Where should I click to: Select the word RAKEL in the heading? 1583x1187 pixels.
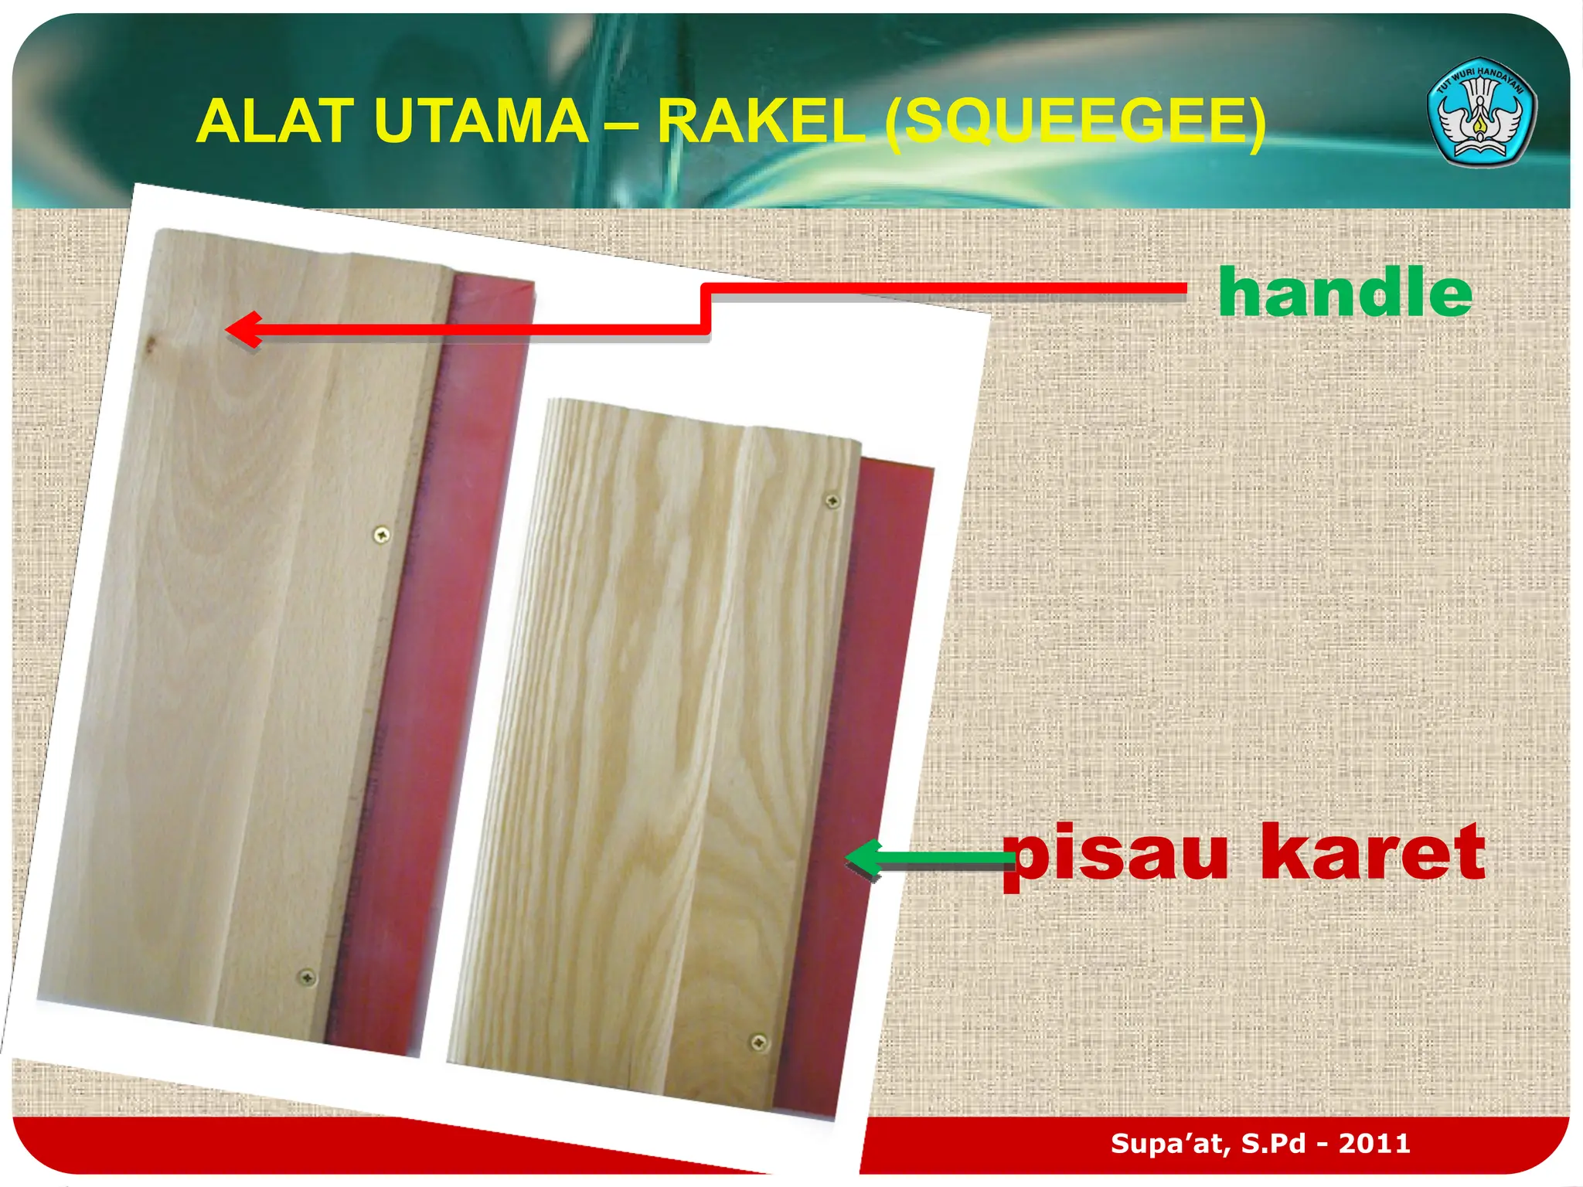[761, 121]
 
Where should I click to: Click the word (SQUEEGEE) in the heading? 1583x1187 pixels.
[1075, 121]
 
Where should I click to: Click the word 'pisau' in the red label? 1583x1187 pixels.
[1116, 853]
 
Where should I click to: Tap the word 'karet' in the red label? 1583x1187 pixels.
[1372, 853]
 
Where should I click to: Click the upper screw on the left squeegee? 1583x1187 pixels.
[381, 534]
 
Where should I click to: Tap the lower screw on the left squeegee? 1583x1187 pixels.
[307, 978]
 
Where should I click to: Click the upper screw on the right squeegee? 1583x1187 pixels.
[832, 502]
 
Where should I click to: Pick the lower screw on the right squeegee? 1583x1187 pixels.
[759, 1042]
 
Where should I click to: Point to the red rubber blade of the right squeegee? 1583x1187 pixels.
[866, 696]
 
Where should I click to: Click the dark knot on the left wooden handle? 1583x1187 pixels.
[152, 343]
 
